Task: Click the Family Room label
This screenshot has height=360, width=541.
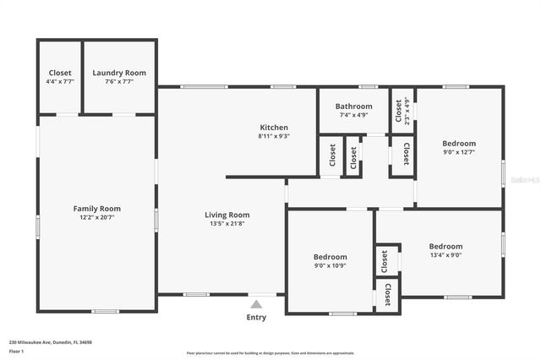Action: click(x=96, y=209)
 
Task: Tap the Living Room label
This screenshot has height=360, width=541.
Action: click(x=227, y=215)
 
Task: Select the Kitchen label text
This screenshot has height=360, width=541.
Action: click(x=274, y=128)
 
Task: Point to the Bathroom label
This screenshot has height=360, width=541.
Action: click(x=352, y=106)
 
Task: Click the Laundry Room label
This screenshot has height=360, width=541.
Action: click(x=119, y=73)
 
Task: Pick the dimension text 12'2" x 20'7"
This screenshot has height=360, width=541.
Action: click(x=96, y=218)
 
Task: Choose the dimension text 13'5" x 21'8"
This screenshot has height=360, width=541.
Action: click(x=227, y=224)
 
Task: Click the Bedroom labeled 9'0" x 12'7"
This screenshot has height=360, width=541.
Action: click(x=459, y=144)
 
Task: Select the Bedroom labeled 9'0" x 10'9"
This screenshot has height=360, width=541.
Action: click(x=330, y=257)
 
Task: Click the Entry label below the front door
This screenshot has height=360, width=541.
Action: click(x=256, y=318)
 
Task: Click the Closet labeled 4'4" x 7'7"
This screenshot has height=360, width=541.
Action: click(x=60, y=73)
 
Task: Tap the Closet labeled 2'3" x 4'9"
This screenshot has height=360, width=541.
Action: click(x=399, y=106)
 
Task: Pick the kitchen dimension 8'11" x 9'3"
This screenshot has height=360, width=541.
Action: click(x=274, y=136)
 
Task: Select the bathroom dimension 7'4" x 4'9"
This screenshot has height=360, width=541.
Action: click(x=352, y=115)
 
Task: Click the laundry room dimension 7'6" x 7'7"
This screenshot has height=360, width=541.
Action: click(x=119, y=82)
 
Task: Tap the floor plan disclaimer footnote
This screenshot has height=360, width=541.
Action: click(x=270, y=352)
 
